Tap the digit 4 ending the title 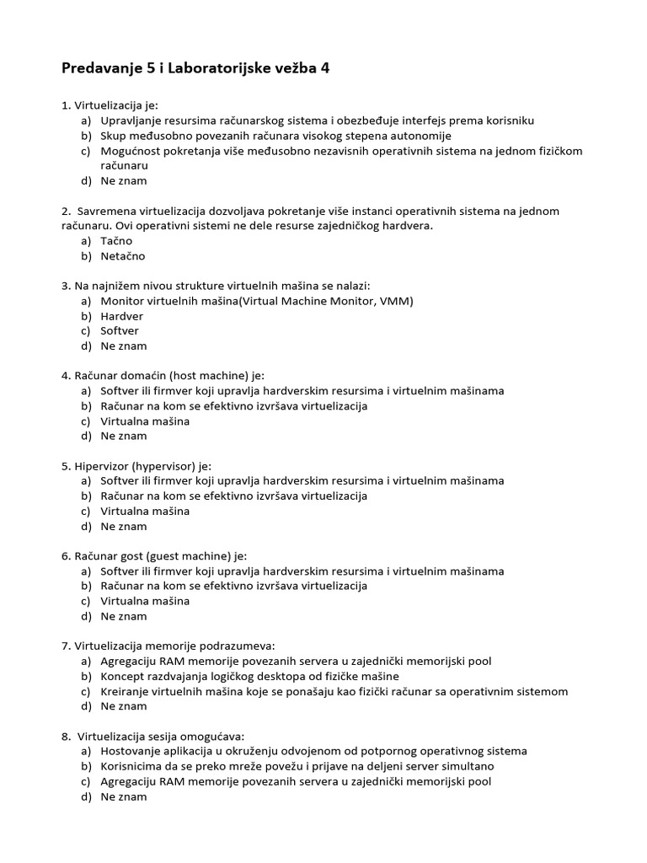(x=324, y=69)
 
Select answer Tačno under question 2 (x=116, y=241)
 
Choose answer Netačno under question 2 (x=123, y=256)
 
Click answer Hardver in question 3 (x=122, y=316)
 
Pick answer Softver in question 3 (x=120, y=331)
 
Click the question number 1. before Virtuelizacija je (x=66, y=106)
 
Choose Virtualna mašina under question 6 (x=145, y=601)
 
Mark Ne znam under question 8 (x=124, y=796)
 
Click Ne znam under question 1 (x=124, y=180)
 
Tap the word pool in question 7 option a (x=478, y=662)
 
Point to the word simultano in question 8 (x=467, y=766)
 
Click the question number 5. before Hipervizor (x=66, y=466)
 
